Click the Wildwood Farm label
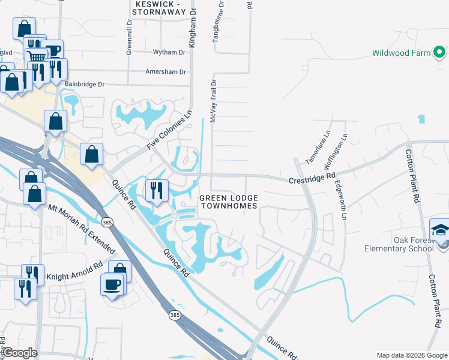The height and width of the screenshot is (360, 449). pos(401,53)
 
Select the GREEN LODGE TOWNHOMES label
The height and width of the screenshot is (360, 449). pos(228,202)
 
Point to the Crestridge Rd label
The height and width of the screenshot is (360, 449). pos(312,178)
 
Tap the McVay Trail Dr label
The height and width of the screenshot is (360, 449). pos(212,100)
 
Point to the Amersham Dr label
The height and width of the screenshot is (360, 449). pos(166,71)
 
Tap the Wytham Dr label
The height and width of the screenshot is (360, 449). pos(169,53)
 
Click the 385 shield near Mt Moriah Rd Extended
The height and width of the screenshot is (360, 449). pos(107,223)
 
